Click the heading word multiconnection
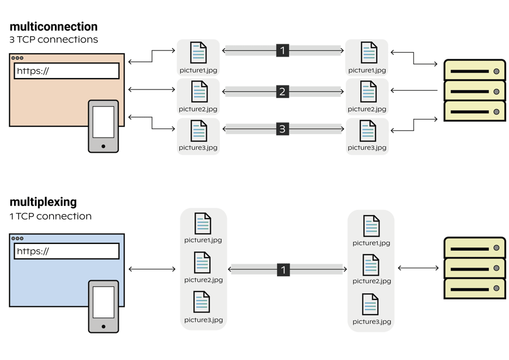click(53, 27)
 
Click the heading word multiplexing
click(43, 203)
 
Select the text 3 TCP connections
click(54, 40)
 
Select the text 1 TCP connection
click(50, 216)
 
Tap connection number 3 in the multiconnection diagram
click(283, 130)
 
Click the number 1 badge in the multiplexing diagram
click(283, 271)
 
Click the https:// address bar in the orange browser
click(66, 71)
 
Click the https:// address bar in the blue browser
click(66, 251)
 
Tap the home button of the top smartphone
click(103, 145)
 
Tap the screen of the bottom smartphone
click(103, 301)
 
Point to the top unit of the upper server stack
click(475, 71)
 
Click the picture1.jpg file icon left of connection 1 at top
click(198, 53)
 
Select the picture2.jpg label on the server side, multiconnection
click(367, 109)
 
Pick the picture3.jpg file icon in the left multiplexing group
click(202, 302)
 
